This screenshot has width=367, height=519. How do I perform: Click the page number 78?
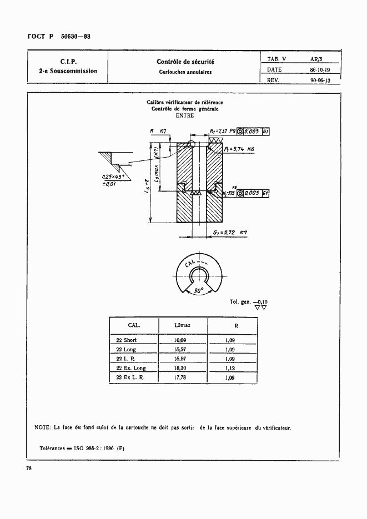click(28, 469)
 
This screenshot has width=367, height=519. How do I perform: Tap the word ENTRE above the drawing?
click(185, 115)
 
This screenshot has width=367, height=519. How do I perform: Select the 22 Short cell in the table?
click(126, 340)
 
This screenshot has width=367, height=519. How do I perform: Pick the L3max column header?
click(182, 325)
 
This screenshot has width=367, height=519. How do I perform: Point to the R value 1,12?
click(229, 367)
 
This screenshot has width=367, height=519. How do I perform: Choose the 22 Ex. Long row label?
click(131, 368)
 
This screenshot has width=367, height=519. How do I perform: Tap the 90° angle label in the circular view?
click(198, 290)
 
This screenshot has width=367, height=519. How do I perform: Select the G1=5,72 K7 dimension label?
click(230, 233)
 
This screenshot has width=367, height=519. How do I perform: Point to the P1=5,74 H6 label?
click(239, 150)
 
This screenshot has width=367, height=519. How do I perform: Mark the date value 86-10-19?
click(320, 70)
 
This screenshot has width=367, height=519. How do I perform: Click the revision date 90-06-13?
click(320, 80)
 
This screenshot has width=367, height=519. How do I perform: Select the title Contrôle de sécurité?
click(185, 62)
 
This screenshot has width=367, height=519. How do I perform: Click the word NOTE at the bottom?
click(42, 427)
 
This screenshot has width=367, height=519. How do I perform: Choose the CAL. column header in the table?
click(134, 325)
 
